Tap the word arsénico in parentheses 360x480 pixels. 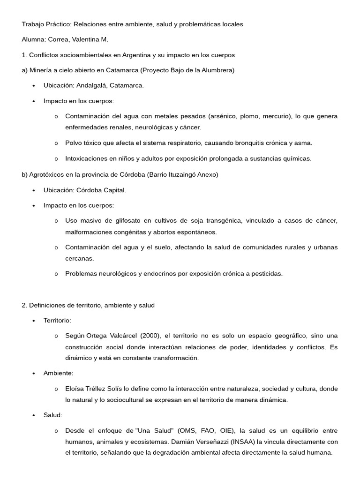click(x=213, y=116)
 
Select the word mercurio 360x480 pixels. click(x=273, y=116)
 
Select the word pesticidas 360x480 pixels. click(x=267, y=274)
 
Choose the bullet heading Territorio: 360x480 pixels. click(x=57, y=320)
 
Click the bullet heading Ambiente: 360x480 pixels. click(x=58, y=373)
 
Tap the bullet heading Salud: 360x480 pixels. click(x=52, y=415)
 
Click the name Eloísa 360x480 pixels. click(x=75, y=389)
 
